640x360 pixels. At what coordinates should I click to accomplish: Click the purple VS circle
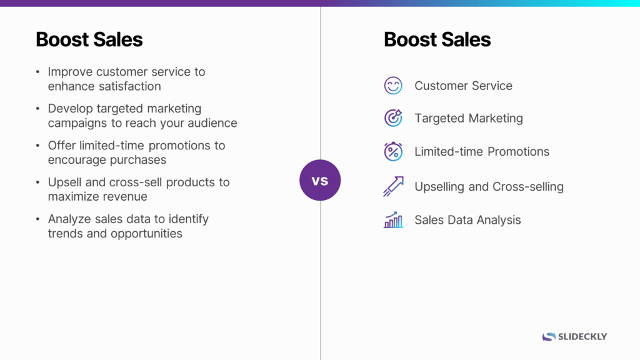[320, 180]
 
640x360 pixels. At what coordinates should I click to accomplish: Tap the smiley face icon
[393, 86]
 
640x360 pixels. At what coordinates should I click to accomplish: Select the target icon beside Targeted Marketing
[393, 118]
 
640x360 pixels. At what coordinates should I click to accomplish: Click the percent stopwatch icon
[393, 151]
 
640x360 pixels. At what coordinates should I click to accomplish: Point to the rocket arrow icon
[393, 186]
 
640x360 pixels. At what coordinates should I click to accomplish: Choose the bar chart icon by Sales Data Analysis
[393, 220]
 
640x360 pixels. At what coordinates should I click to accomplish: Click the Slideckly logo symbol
[549, 336]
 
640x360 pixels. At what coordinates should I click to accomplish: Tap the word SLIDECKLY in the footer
[582, 336]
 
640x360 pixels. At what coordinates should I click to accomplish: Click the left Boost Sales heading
[89, 39]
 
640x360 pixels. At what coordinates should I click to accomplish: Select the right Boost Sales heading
[437, 39]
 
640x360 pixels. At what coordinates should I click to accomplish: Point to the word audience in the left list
[209, 123]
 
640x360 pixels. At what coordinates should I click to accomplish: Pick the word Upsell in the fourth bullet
[65, 182]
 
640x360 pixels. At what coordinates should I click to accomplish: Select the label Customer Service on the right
[463, 86]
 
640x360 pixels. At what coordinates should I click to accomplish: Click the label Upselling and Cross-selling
[489, 186]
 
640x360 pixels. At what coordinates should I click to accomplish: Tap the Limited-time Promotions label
[482, 151]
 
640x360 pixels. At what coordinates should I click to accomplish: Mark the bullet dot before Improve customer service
[38, 72]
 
